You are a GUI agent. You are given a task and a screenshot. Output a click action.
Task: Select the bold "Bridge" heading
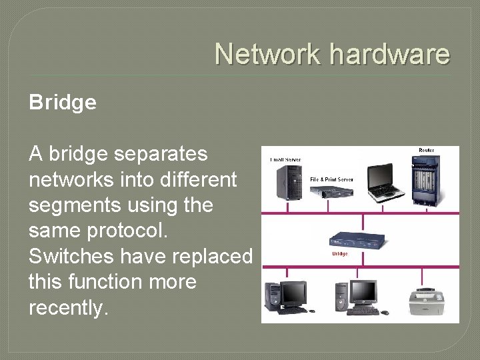(63, 103)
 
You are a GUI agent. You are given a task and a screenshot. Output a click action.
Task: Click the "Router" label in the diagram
(427, 151)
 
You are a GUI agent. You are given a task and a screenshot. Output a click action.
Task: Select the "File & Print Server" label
(331, 179)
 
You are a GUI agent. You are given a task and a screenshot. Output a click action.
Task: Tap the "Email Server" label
(285, 160)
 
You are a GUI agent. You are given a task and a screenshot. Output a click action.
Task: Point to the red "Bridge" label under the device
(340, 254)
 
